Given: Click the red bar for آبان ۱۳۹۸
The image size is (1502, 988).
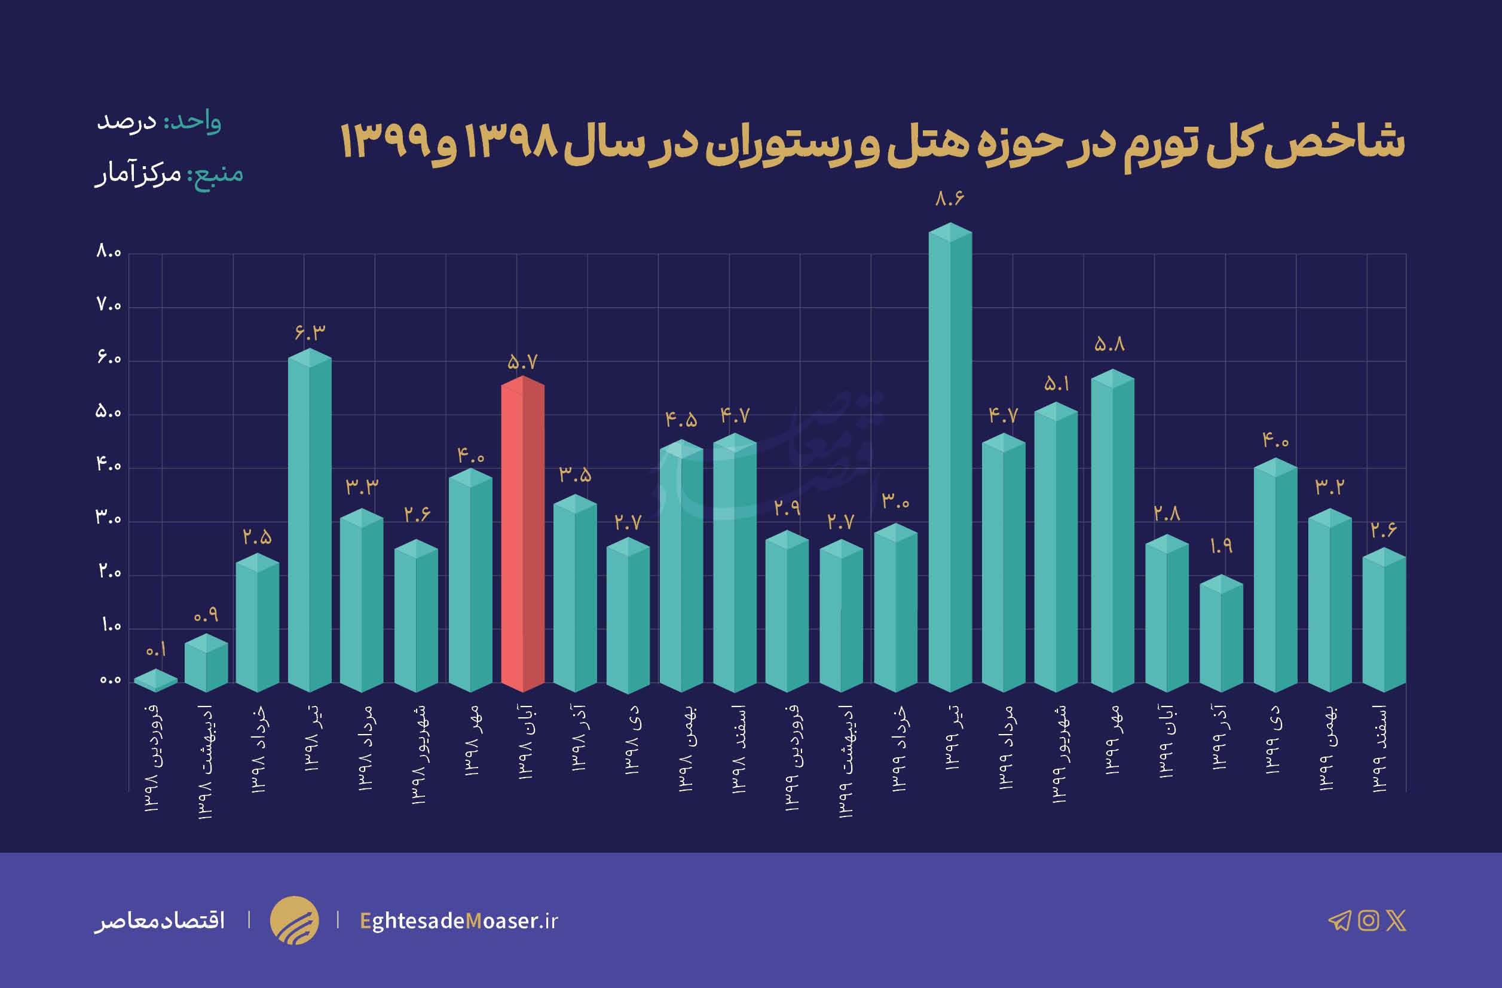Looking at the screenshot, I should point(522,536).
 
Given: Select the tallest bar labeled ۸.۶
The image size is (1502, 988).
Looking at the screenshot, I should point(950,461).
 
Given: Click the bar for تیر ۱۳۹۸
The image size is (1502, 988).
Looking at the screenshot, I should point(309,524).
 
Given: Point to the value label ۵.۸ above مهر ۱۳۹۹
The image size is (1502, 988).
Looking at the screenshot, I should point(1109,344).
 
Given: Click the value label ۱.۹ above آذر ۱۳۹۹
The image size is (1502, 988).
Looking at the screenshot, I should point(1220,546).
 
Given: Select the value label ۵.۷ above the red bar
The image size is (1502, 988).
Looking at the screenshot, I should point(522,362).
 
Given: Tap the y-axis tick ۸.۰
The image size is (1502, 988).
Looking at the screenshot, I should point(109,252).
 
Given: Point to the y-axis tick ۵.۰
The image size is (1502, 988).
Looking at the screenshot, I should point(109,412).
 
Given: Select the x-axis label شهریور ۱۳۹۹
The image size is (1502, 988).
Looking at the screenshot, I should point(1061,753).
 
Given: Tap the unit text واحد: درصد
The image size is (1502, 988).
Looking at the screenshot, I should point(158,121).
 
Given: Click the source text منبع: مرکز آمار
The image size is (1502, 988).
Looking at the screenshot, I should point(169,173).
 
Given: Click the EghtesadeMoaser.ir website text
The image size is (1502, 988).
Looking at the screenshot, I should point(459,920).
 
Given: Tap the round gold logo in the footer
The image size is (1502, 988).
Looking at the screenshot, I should point(294,920).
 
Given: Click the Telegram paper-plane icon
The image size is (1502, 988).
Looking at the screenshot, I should point(1339,920).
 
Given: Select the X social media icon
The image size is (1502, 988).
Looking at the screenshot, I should point(1396,920).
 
